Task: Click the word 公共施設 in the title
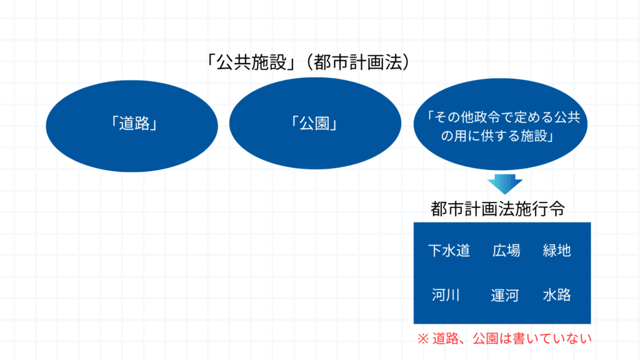click(x=251, y=62)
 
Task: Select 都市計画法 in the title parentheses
click(x=358, y=62)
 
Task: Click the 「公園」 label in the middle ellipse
click(x=314, y=123)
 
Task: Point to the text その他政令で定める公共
click(x=507, y=117)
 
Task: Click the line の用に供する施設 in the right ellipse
click(x=494, y=136)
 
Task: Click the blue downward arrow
click(x=505, y=184)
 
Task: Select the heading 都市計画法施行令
click(x=497, y=209)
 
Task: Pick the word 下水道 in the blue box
click(x=449, y=251)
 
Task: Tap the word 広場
click(x=506, y=251)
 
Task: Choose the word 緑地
click(x=557, y=251)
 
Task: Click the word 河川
click(x=446, y=295)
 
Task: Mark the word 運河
click(x=505, y=295)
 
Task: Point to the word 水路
click(x=557, y=295)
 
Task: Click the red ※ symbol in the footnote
click(x=423, y=339)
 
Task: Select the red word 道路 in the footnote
click(x=445, y=339)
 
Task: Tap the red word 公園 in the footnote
click(x=486, y=339)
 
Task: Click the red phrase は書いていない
click(x=546, y=339)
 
